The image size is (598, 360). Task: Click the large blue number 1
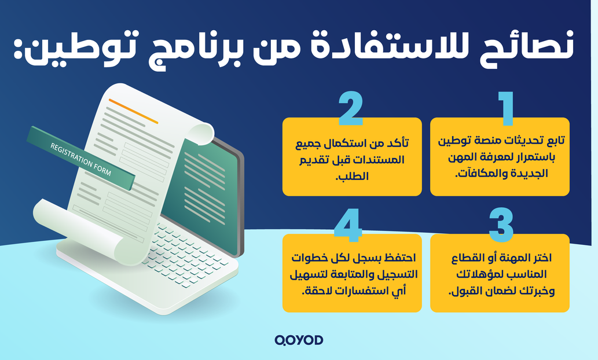click(x=507, y=109)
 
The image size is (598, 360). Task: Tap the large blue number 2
click(x=351, y=109)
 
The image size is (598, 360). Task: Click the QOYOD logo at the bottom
click(x=299, y=340)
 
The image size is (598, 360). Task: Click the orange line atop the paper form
click(x=133, y=111)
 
